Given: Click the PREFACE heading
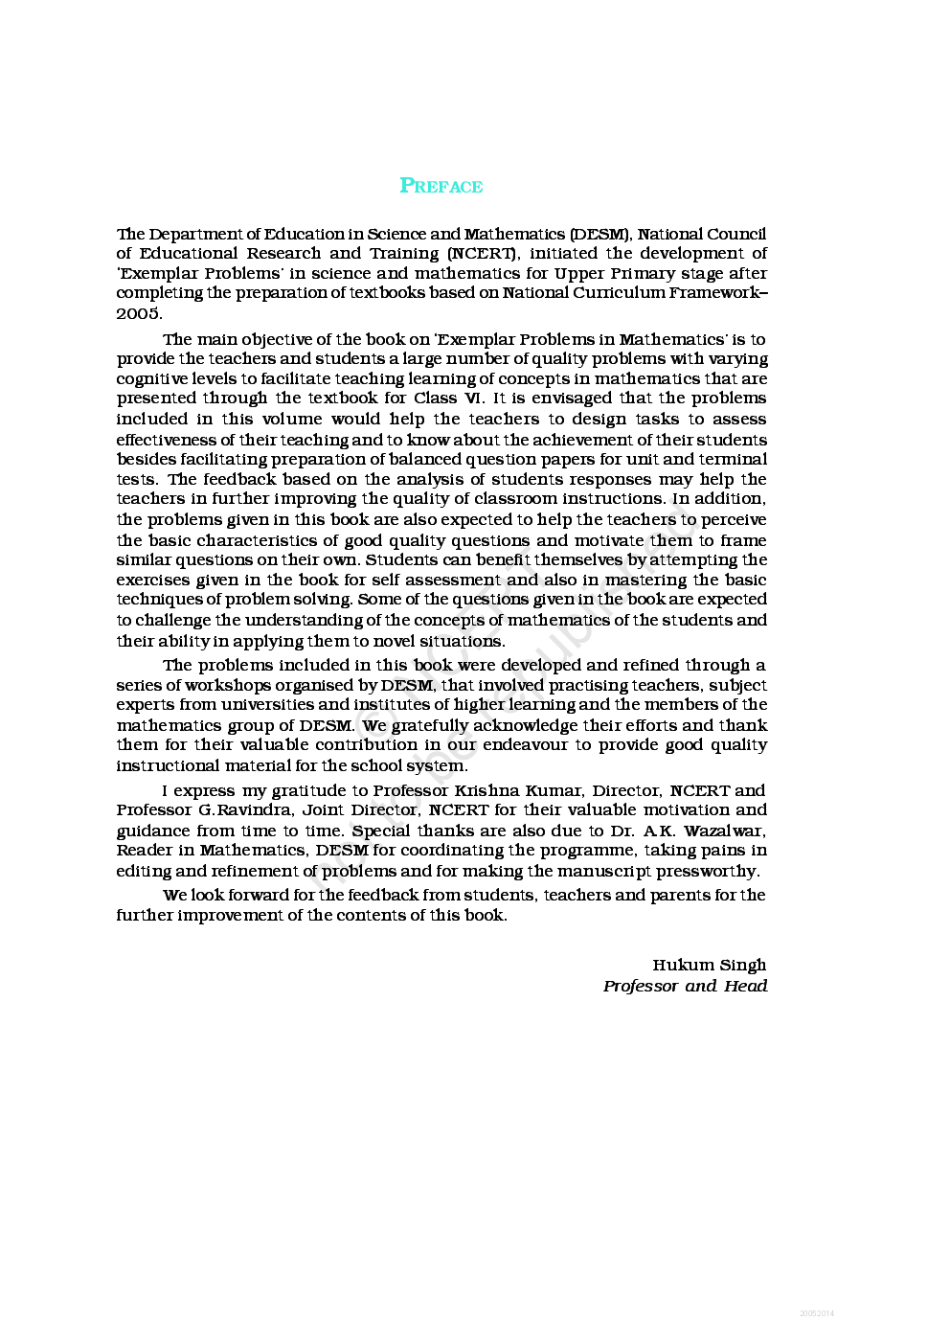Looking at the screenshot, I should pyautogui.click(x=441, y=186).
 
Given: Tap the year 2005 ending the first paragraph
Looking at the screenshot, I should pyautogui.click(x=138, y=313).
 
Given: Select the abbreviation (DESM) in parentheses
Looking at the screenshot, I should pyautogui.click(x=600, y=234).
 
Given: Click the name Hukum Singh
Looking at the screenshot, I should pyautogui.click(x=709, y=965).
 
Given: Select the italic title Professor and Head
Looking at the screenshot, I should pyautogui.click(x=685, y=986).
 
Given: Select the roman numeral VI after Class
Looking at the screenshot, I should pyautogui.click(x=473, y=399).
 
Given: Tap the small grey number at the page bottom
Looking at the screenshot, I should pyautogui.click(x=816, y=1313).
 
